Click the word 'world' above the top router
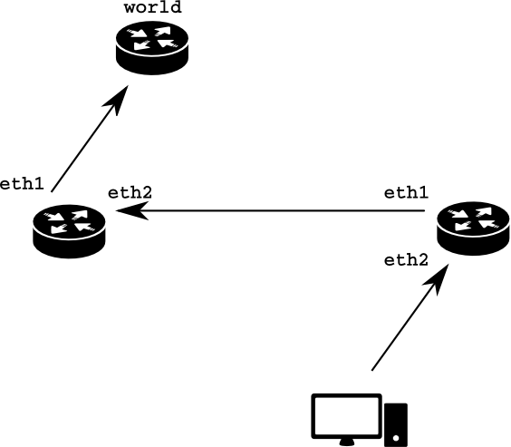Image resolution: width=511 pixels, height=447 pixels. [x=152, y=7]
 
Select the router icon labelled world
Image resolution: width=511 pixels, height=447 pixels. [x=152, y=48]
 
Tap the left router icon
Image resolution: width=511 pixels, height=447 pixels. [x=69, y=231]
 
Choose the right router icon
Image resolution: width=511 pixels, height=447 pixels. [x=473, y=228]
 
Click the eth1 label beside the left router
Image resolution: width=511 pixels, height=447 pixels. [x=22, y=184]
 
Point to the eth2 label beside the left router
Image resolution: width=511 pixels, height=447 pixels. [x=130, y=193]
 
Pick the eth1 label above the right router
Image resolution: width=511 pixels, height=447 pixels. [x=406, y=193]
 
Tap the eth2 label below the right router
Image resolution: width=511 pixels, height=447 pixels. [x=406, y=260]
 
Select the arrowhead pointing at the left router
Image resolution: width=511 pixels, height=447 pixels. [x=130, y=210]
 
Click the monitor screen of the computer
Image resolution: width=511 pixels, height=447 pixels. [x=346, y=415]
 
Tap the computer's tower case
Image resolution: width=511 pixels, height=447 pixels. [x=396, y=425]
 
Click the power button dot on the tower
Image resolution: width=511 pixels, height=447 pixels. [x=396, y=438]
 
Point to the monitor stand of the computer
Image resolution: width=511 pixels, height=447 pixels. [x=346, y=442]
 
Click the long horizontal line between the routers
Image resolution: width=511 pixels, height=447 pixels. [x=270, y=210]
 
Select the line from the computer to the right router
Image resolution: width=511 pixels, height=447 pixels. [x=410, y=317]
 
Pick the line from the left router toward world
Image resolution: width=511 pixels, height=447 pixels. [x=90, y=139]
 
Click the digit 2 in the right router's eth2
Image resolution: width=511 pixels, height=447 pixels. [x=423, y=260]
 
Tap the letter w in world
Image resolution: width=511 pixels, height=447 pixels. [x=130, y=9]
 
